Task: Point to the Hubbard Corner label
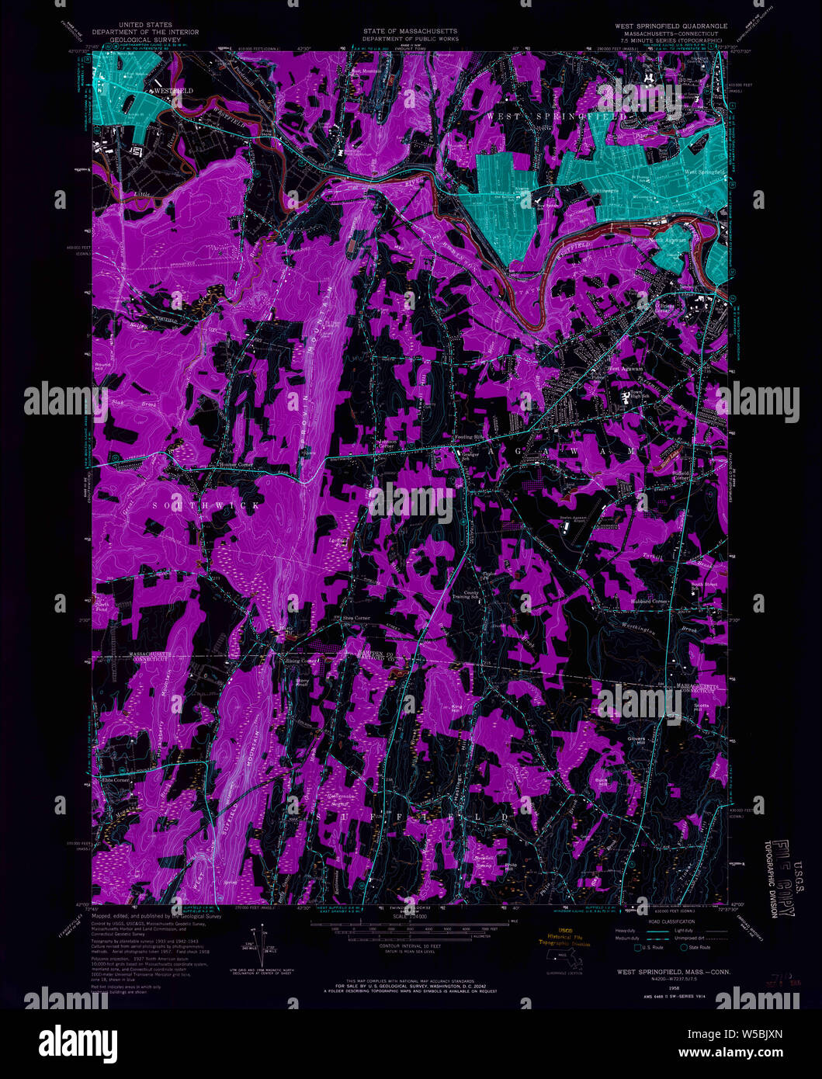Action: [x=649, y=602]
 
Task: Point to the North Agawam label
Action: [x=668, y=241]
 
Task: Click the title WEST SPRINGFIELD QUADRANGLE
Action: [x=671, y=26]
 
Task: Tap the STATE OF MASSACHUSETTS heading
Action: [x=411, y=32]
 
